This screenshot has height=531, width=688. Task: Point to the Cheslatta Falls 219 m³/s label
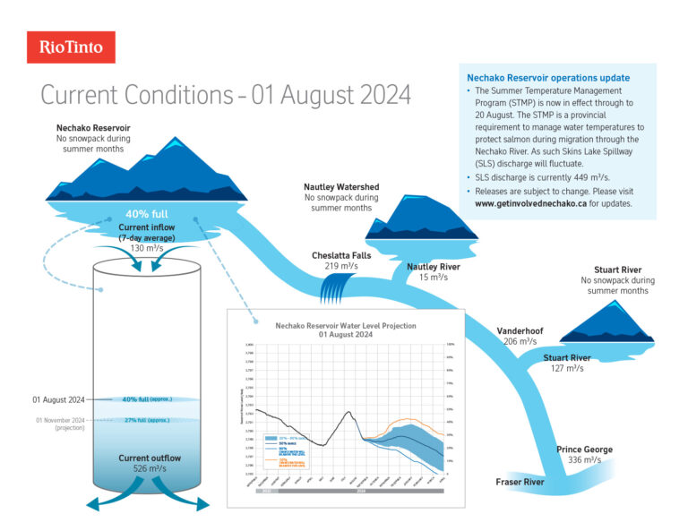pos(341,261)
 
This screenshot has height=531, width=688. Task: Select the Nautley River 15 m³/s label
pos(434,271)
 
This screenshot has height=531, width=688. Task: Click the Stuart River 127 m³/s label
pos(567,363)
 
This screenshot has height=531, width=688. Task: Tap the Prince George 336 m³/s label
pos(584,454)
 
